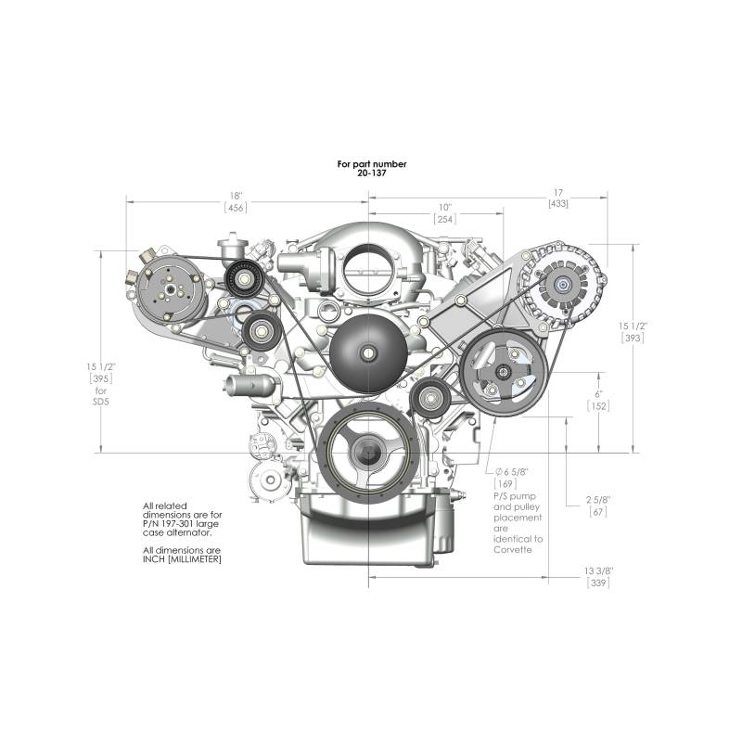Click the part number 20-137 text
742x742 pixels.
coord(372,173)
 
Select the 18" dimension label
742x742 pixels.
coord(236,196)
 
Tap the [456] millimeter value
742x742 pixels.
coord(236,208)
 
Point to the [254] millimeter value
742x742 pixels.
coord(445,219)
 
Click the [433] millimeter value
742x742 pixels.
coord(558,204)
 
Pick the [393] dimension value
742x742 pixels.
coord(633,338)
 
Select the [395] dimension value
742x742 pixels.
coord(101,378)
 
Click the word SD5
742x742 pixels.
coord(100,403)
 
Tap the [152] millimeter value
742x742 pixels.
coord(598,406)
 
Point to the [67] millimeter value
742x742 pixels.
coord(598,512)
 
